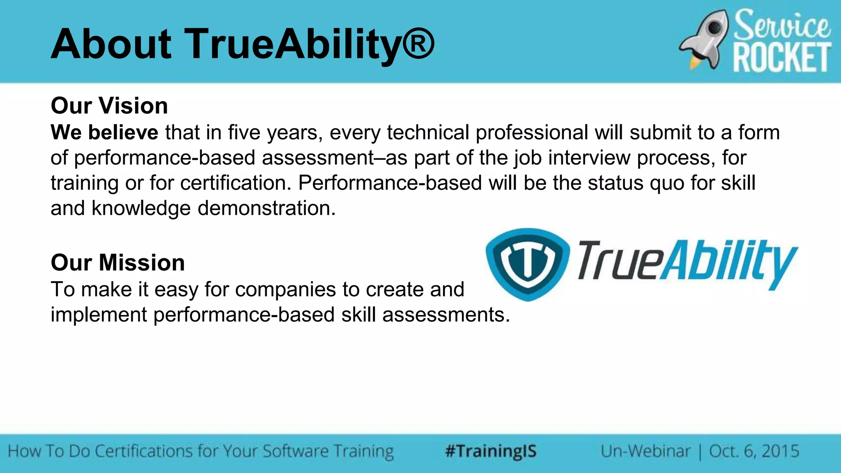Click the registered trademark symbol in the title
[x=418, y=44]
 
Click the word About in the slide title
[x=111, y=44]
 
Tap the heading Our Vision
[x=109, y=106]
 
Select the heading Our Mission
[x=117, y=262]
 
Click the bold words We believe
[x=104, y=132]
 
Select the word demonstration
[x=267, y=208]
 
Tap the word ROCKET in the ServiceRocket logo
[x=782, y=58]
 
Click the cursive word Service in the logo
[x=782, y=25]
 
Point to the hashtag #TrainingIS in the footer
[x=491, y=451]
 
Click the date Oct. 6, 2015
[x=754, y=451]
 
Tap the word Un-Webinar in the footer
[x=646, y=451]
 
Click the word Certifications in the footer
[x=144, y=451]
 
